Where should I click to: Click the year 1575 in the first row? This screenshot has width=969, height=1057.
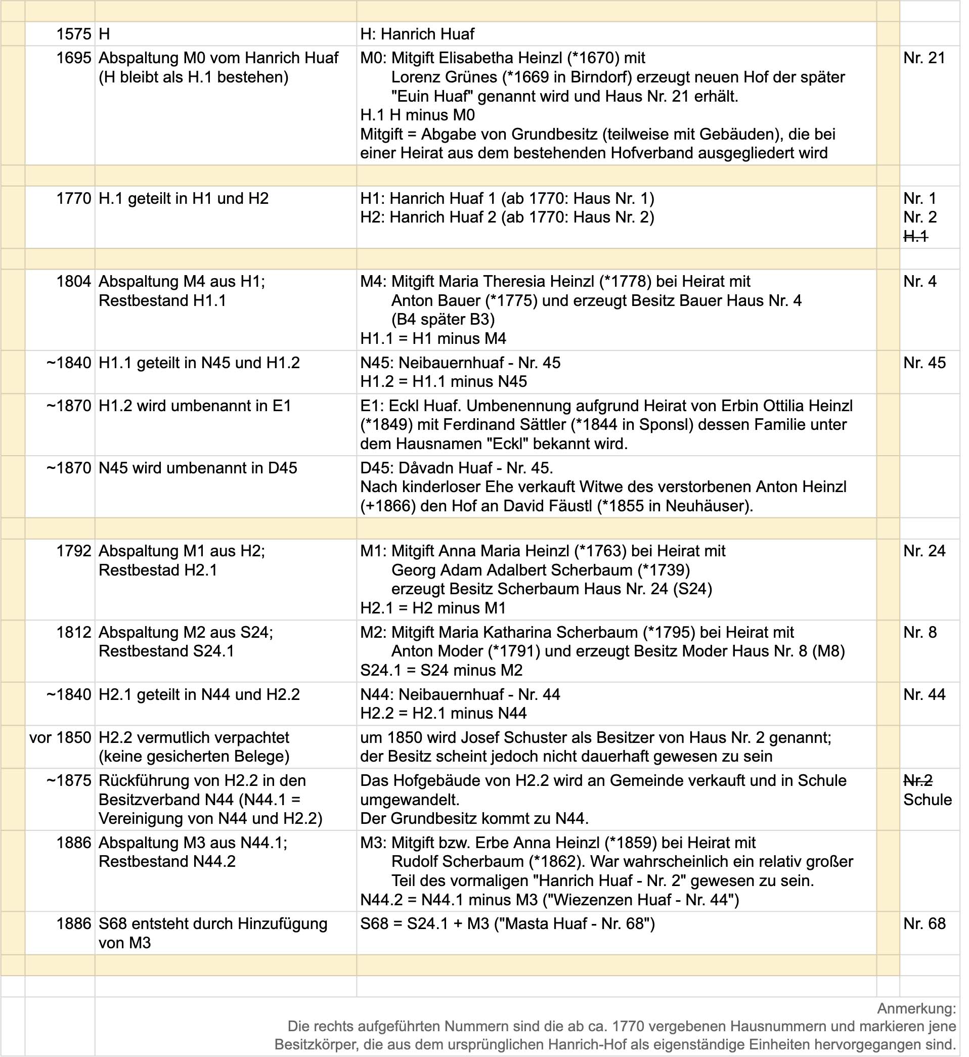coord(74,34)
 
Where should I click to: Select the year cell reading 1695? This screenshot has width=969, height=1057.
coord(74,58)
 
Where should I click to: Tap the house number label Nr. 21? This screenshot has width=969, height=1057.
coord(924,58)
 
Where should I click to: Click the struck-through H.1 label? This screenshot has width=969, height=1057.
coord(915,237)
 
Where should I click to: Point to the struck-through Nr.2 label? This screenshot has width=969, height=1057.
coord(917,781)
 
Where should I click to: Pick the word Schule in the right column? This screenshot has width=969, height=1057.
coord(927,800)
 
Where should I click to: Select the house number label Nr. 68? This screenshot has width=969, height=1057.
coord(924,923)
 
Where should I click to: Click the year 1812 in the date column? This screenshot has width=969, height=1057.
coord(74,632)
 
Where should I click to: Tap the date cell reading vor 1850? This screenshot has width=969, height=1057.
coord(60,738)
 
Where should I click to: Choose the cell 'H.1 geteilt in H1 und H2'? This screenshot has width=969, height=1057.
coord(184,199)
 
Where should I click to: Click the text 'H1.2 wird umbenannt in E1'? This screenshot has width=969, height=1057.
coord(195,406)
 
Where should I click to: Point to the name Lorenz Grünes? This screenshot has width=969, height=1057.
coord(444,77)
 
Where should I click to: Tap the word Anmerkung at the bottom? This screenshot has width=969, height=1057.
coord(916,1008)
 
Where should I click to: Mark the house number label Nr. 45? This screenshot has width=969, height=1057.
coord(924,363)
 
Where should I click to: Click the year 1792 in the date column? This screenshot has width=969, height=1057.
coord(74,551)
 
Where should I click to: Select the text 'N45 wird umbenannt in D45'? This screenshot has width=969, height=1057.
coord(198,468)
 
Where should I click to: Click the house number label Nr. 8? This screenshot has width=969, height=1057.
coord(920,632)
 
